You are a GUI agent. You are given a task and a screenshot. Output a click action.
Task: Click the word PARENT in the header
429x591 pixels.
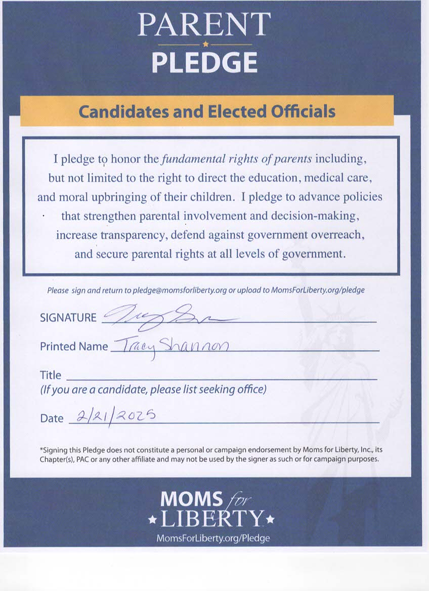pyautogui.click(x=204, y=24)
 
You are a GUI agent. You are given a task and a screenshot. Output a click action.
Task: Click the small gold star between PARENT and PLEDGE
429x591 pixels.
pyautogui.click(x=204, y=45)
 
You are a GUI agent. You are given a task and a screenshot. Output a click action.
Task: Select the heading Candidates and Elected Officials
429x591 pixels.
pyautogui.click(x=207, y=111)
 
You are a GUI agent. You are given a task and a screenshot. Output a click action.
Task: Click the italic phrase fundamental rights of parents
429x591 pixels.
pyautogui.click(x=236, y=159)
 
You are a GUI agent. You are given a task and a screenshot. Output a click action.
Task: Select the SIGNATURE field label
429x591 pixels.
pyautogui.click(x=68, y=318)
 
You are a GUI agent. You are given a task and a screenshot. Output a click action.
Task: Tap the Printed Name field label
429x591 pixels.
pyautogui.click(x=74, y=347)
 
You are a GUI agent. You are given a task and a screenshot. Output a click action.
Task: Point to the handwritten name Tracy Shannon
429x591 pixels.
pyautogui.click(x=170, y=347)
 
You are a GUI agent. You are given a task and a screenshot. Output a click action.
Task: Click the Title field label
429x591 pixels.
pyautogui.click(x=51, y=375)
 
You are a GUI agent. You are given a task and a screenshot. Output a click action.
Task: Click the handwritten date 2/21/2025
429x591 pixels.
pyautogui.click(x=116, y=415)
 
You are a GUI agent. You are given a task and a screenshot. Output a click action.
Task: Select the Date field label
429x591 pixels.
pyautogui.click(x=52, y=418)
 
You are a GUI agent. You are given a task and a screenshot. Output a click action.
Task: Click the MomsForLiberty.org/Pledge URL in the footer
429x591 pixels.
pyautogui.click(x=212, y=538)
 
